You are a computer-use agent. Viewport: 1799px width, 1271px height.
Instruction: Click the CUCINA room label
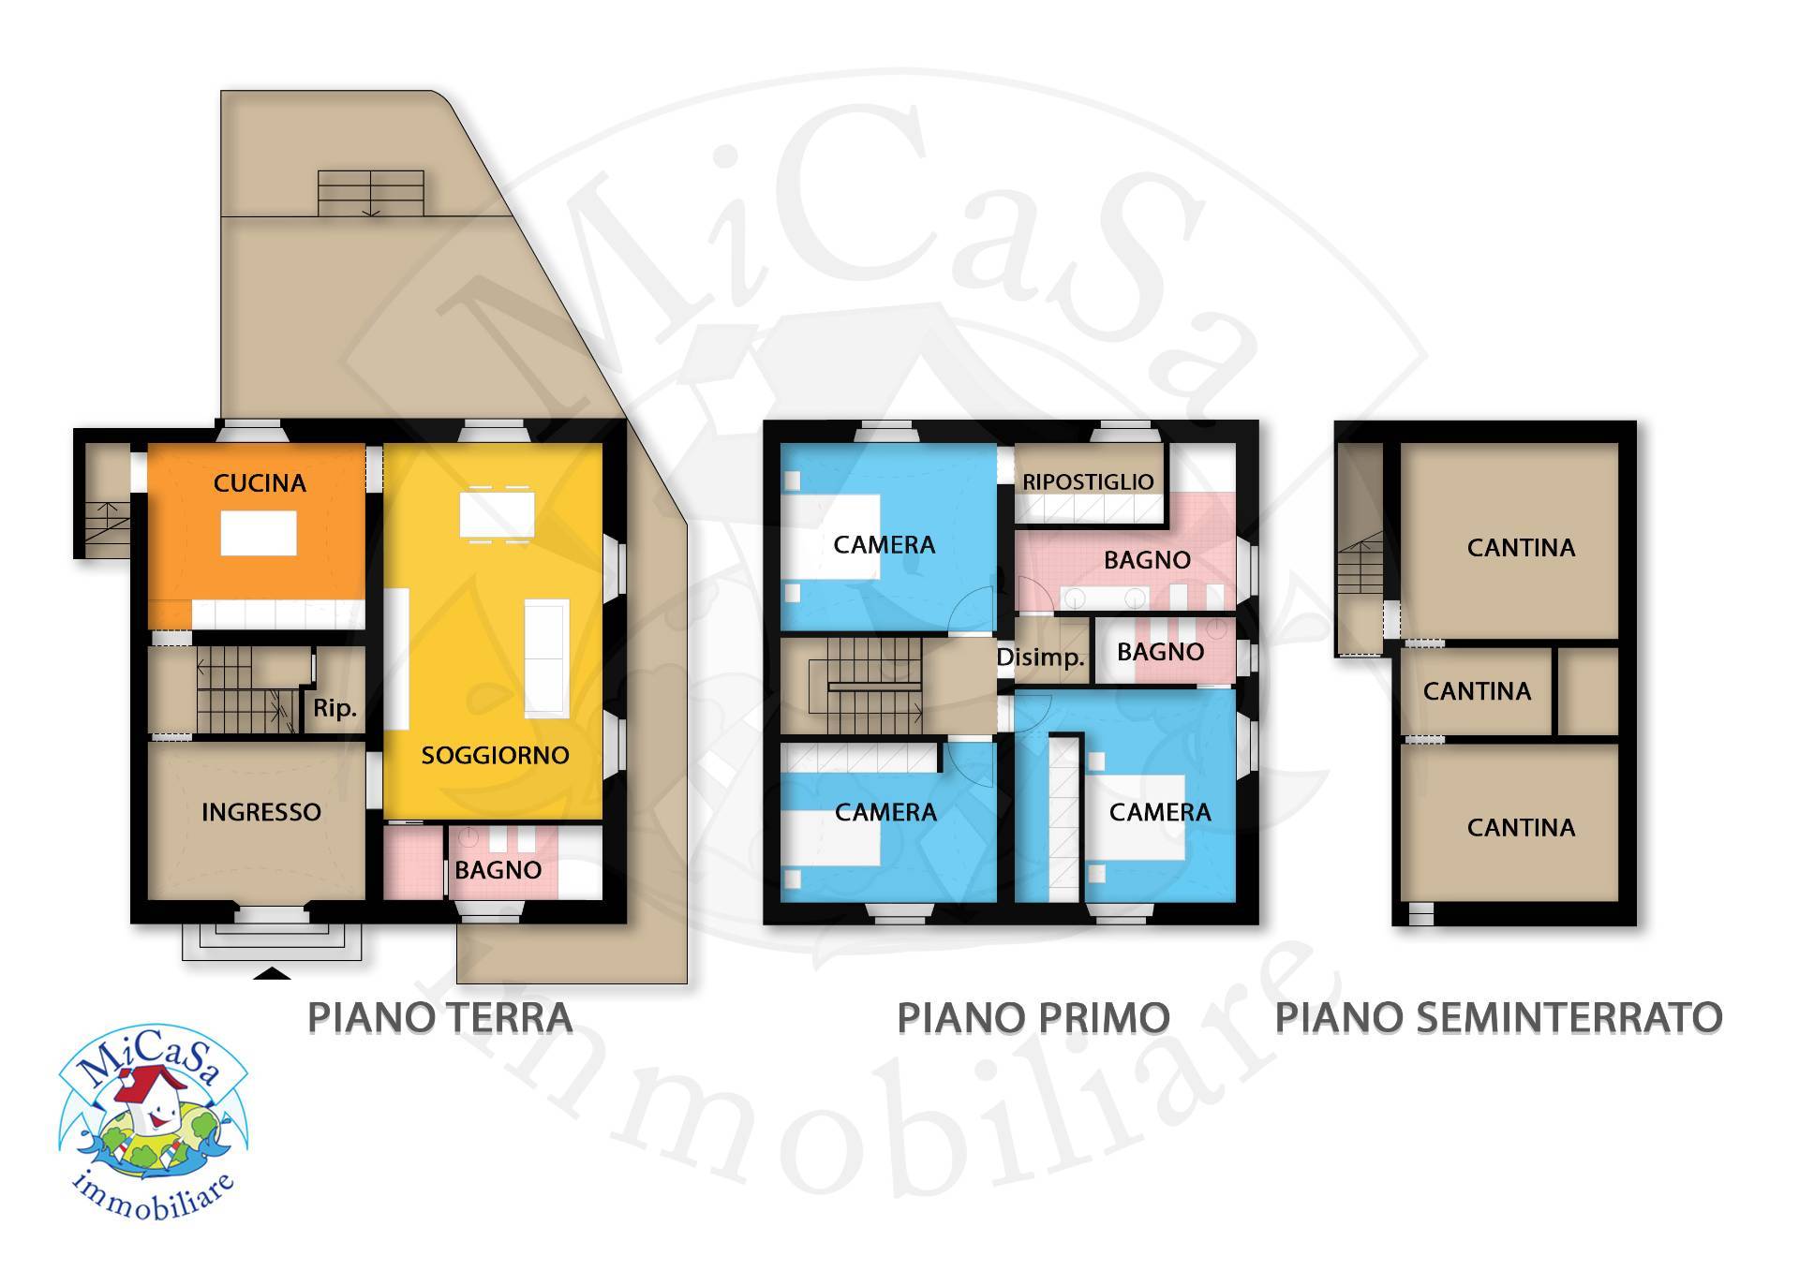point(260,483)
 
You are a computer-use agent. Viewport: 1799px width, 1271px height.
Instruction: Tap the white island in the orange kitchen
point(259,533)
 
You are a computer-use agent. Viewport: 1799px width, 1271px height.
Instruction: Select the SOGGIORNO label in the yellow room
point(495,755)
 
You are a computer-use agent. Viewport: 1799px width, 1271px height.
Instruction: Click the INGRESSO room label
point(260,812)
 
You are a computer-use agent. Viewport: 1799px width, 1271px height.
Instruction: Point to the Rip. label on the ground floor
point(335,708)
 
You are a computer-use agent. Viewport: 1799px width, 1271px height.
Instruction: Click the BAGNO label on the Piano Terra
point(498,870)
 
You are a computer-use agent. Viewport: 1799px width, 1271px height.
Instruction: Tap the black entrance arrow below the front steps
point(273,974)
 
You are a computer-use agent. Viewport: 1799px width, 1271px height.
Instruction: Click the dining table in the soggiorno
point(497,513)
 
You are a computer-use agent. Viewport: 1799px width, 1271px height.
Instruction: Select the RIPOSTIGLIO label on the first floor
point(1088,481)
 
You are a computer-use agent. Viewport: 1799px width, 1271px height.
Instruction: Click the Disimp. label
point(1039,658)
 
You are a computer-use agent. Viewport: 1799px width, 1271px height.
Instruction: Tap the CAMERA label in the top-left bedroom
point(885,545)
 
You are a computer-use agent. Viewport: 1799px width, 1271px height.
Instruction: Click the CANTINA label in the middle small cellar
point(1477,691)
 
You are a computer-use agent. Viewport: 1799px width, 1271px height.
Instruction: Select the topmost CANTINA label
point(1521,547)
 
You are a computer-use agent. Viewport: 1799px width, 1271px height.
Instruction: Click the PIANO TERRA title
point(439,1017)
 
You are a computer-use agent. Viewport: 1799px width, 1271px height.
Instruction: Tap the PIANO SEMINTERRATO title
point(1498,1017)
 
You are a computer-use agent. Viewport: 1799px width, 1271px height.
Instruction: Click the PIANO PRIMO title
point(1033,1017)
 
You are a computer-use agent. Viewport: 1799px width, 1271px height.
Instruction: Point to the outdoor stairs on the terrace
point(371,193)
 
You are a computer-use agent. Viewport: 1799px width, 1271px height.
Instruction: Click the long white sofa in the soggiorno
point(546,659)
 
